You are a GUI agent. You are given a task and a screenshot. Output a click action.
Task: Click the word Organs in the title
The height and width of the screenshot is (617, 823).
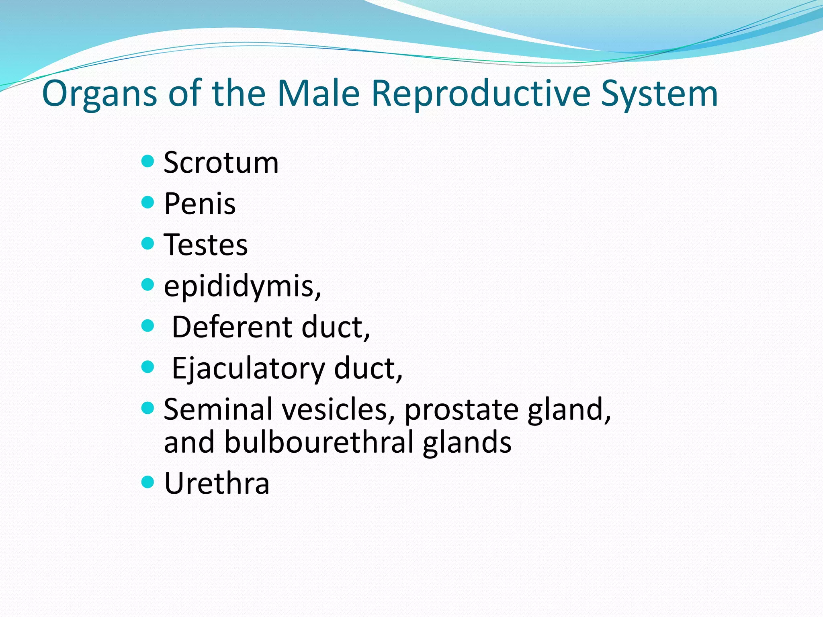point(99,94)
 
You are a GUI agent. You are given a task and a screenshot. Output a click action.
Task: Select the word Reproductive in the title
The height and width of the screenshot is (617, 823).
point(481,94)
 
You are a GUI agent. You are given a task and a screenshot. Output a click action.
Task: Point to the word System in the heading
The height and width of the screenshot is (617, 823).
point(659,94)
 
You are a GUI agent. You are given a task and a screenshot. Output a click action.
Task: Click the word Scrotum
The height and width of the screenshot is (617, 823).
point(221,163)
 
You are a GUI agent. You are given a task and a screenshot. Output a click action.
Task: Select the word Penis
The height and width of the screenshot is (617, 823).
point(200,204)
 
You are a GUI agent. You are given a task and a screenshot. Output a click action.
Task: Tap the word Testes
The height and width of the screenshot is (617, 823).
point(206,245)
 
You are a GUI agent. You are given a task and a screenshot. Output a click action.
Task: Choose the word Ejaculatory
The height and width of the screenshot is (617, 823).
point(248,368)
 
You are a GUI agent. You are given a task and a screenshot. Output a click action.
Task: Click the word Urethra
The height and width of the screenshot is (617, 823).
point(217,483)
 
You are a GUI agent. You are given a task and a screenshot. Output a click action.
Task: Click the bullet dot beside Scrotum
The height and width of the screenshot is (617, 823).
point(148,161)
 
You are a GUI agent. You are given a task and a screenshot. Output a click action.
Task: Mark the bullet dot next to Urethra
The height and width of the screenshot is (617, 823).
point(148,482)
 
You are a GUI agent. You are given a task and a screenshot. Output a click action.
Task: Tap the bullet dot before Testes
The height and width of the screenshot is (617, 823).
point(148,243)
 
